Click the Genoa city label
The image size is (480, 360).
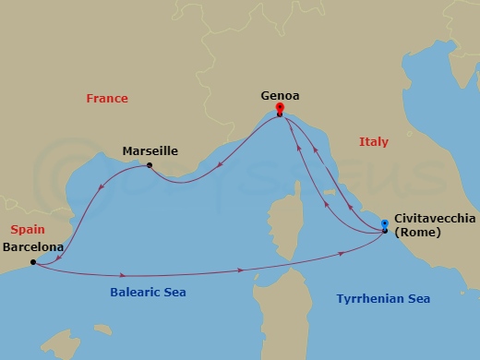pos(280,95)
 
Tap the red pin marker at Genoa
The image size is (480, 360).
pos(280,109)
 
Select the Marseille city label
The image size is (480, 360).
pos(150,151)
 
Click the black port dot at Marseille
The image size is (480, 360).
pos(150,167)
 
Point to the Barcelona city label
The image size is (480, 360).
pos(33,247)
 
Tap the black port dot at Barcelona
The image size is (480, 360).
pos(32,262)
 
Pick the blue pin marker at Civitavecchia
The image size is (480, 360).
pos(384,223)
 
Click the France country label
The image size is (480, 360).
pos(106,99)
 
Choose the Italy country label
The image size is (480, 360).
pos(374,142)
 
